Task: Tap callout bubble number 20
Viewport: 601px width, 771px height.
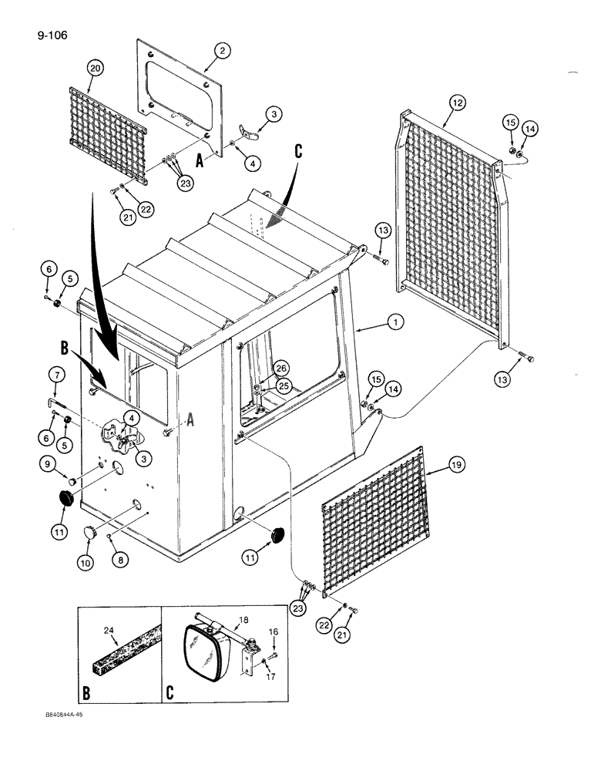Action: [x=94, y=68]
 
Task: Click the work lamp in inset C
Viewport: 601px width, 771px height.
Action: [x=204, y=651]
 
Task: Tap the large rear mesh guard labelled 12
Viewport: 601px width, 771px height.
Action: [x=451, y=208]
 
